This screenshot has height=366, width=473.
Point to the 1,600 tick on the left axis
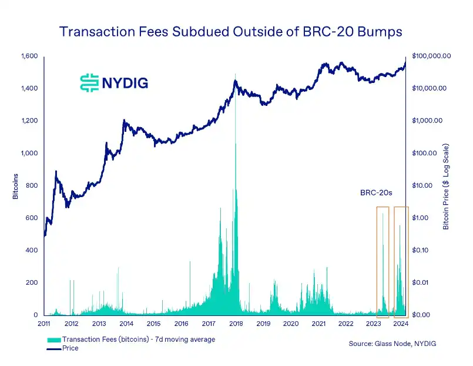(x=29, y=56)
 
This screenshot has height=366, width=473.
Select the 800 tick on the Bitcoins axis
(x=33, y=186)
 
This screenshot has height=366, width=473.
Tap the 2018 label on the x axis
(x=237, y=324)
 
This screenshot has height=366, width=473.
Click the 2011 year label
(x=44, y=324)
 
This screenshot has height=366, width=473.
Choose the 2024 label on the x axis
(x=401, y=324)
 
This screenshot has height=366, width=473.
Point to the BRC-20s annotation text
(x=375, y=192)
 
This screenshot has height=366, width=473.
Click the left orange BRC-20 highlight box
(x=383, y=259)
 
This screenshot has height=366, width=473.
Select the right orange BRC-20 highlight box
(x=401, y=259)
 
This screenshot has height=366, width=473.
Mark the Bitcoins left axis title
(x=16, y=186)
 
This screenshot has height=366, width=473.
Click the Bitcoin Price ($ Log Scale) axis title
(x=446, y=186)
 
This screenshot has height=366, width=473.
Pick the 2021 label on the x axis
(x=318, y=324)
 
